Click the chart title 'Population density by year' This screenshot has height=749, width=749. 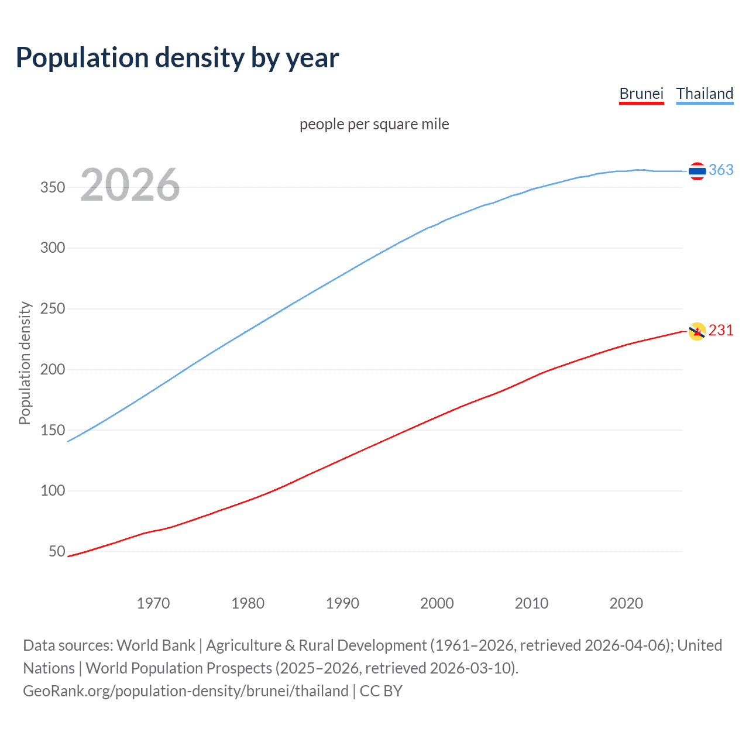tap(177, 58)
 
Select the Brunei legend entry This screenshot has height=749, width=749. tap(641, 94)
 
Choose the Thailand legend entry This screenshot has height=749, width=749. tap(705, 94)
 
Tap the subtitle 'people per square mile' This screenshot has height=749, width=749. tap(374, 124)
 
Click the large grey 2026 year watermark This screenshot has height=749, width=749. tap(130, 185)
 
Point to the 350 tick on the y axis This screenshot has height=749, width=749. tap(53, 187)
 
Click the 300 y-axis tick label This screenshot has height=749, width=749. tap(53, 248)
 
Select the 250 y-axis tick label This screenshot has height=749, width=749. tap(53, 308)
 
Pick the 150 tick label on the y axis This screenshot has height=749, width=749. tap(53, 430)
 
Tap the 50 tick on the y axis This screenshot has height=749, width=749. tap(57, 551)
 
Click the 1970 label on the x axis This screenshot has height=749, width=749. tap(153, 603)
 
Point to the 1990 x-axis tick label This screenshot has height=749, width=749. tap(342, 603)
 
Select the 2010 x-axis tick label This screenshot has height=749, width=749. tap(531, 603)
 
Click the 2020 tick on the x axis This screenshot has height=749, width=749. tap(626, 603)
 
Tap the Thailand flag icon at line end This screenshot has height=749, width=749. tap(697, 171)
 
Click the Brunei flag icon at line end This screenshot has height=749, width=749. tap(697, 331)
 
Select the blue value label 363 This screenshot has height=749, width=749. tap(721, 170)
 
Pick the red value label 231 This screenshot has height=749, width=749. tap(721, 331)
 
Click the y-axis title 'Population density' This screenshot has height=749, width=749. tap(25, 363)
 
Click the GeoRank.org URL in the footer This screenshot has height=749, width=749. tap(185, 691)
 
